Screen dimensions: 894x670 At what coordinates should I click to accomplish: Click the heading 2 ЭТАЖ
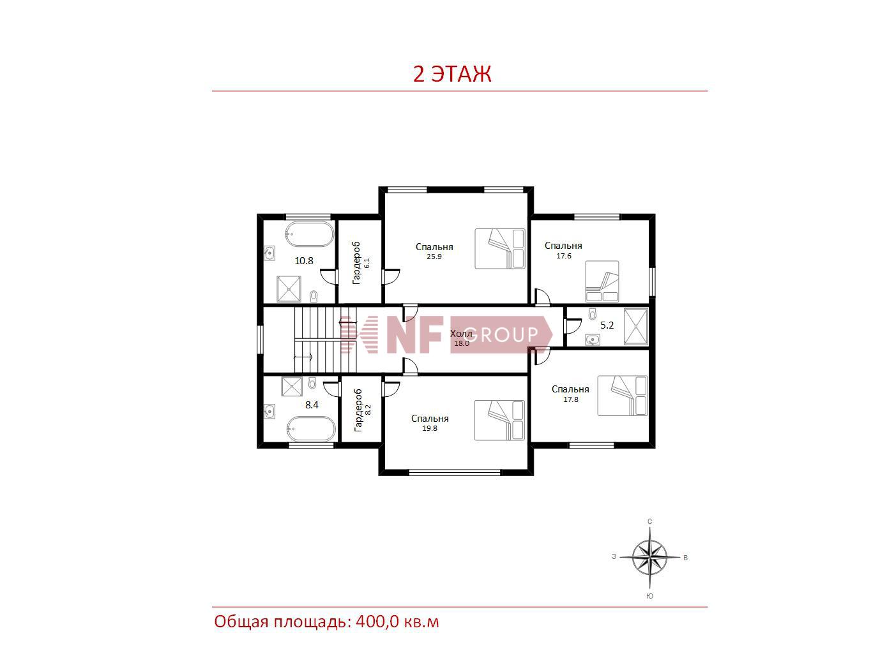[452, 74]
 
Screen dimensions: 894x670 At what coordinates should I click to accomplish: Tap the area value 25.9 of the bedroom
[434, 257]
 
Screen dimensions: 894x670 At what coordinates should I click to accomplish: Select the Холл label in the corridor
[461, 334]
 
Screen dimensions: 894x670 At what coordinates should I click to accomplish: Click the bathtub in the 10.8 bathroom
[309, 234]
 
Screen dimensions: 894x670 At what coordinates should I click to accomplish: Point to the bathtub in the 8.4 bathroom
[311, 429]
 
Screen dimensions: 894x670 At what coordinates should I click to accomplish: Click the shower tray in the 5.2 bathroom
[636, 326]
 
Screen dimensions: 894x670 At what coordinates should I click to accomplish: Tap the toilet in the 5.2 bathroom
[592, 314]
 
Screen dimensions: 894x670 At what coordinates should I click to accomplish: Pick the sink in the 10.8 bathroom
[269, 253]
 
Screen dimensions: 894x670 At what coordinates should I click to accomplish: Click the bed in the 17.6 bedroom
[602, 281]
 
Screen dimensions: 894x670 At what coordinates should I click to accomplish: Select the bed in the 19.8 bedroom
[500, 421]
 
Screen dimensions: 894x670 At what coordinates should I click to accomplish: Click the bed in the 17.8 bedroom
[623, 396]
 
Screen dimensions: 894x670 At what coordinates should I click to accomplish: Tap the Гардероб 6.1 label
[361, 263]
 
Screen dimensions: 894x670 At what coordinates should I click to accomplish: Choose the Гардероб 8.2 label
[362, 410]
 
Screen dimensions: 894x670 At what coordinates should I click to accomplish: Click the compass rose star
[649, 557]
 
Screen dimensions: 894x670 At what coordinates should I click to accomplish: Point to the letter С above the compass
[649, 521]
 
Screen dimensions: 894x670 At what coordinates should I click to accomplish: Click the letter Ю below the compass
[649, 597]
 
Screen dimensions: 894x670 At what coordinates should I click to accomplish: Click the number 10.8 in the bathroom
[304, 261]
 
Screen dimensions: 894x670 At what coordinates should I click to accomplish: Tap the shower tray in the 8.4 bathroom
[292, 386]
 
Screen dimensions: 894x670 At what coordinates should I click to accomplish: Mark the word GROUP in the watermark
[501, 335]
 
